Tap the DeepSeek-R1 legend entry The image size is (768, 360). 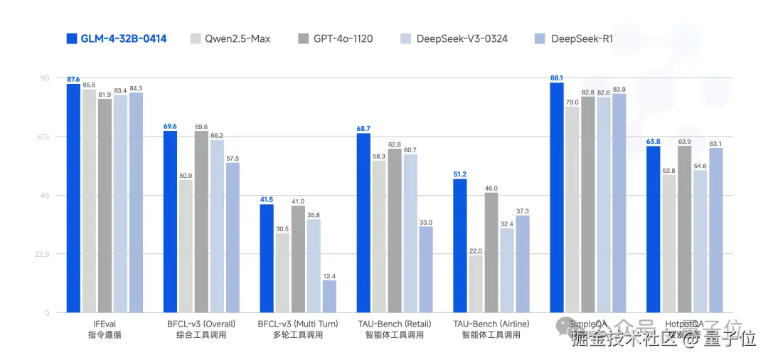(x=572, y=38)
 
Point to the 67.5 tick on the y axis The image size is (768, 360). (x=40, y=137)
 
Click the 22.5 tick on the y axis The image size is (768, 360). (x=40, y=254)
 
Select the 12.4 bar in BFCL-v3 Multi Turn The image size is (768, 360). (x=329, y=297)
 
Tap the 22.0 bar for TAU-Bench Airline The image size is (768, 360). (x=476, y=284)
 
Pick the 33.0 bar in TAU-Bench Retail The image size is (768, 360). (x=426, y=270)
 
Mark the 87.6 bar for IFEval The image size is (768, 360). (x=73, y=198)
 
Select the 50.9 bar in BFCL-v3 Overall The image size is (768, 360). (x=186, y=246)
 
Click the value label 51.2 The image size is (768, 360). (x=460, y=174)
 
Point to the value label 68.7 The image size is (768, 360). (x=363, y=128)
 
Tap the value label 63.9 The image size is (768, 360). (x=684, y=142)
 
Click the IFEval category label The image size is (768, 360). (x=105, y=324)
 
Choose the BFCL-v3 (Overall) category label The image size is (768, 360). (x=201, y=324)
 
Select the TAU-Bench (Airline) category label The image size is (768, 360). (x=491, y=324)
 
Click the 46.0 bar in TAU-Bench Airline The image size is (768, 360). (x=491, y=253)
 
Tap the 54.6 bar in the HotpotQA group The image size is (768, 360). (x=700, y=242)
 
